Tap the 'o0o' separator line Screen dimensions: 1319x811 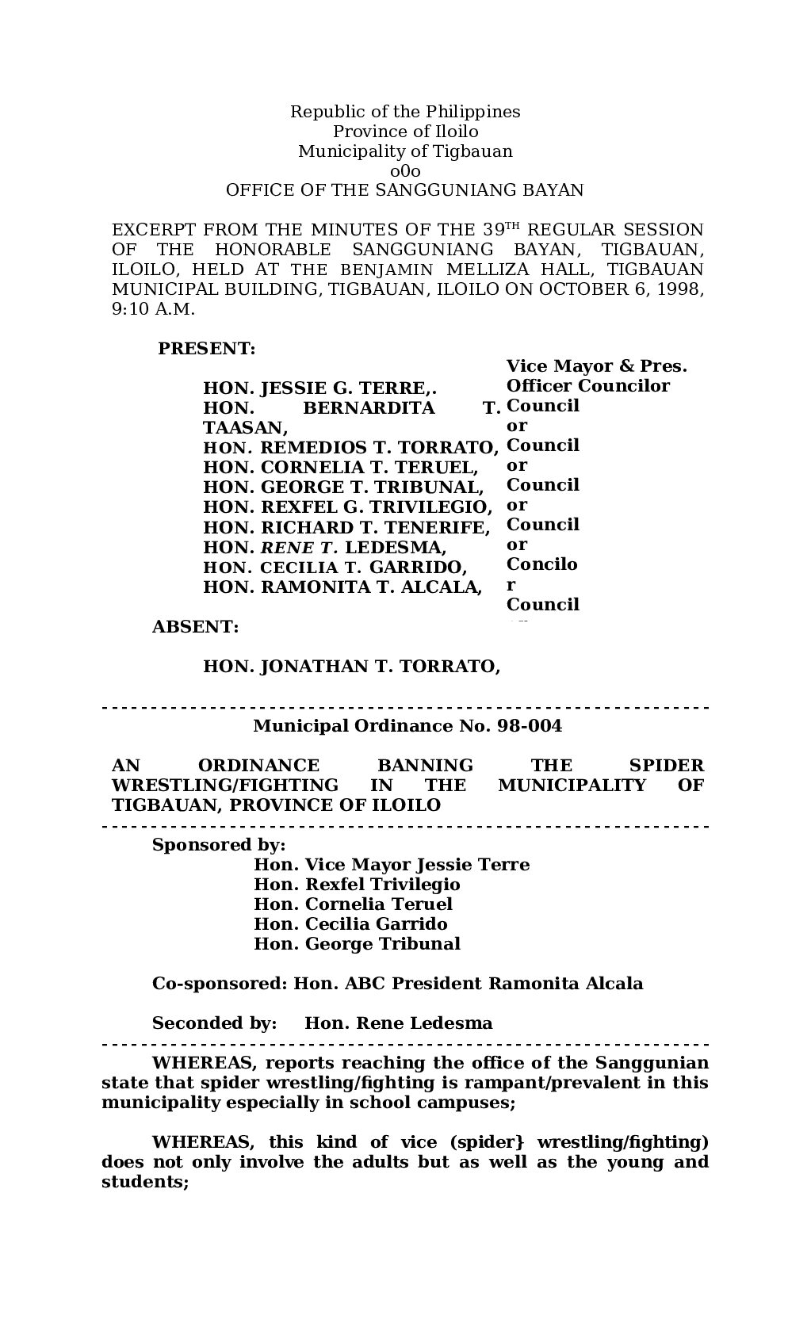pos(405,170)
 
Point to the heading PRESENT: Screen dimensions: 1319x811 pos(207,348)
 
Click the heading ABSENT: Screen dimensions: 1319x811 pos(195,626)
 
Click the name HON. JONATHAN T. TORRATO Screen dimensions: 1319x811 pos(351,666)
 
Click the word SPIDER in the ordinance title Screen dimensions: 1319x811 pos(666,765)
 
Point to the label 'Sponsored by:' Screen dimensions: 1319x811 pos(219,844)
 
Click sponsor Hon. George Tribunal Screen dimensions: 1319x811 pos(357,943)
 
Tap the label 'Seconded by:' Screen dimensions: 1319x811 pos(215,1023)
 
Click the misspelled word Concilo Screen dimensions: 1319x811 pos(542,564)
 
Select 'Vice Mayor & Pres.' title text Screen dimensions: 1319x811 pos(596,366)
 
